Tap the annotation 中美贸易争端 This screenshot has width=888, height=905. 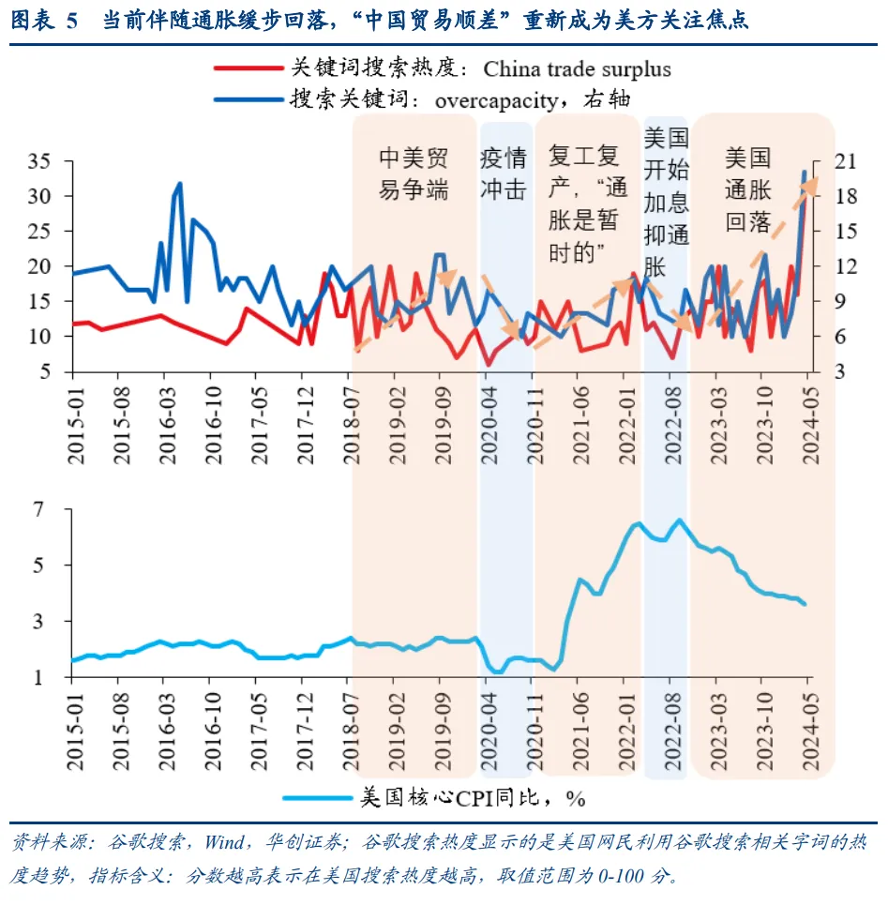413,173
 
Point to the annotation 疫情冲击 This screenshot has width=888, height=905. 504,173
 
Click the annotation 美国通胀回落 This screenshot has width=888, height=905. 747,189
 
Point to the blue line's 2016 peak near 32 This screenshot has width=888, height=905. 179,184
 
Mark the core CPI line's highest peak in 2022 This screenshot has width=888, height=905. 680,520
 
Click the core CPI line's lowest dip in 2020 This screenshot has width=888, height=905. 500,671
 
